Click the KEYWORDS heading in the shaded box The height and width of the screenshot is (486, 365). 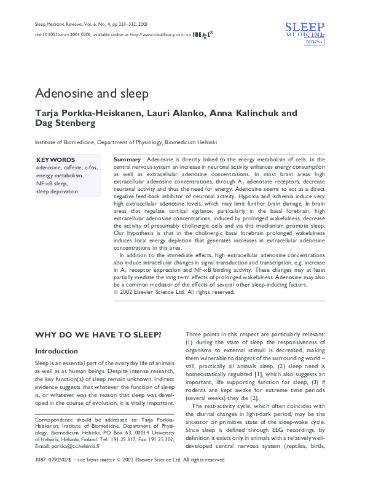(55, 160)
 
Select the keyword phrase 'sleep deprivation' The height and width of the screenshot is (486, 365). (57, 191)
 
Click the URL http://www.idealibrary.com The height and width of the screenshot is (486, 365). (157, 36)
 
